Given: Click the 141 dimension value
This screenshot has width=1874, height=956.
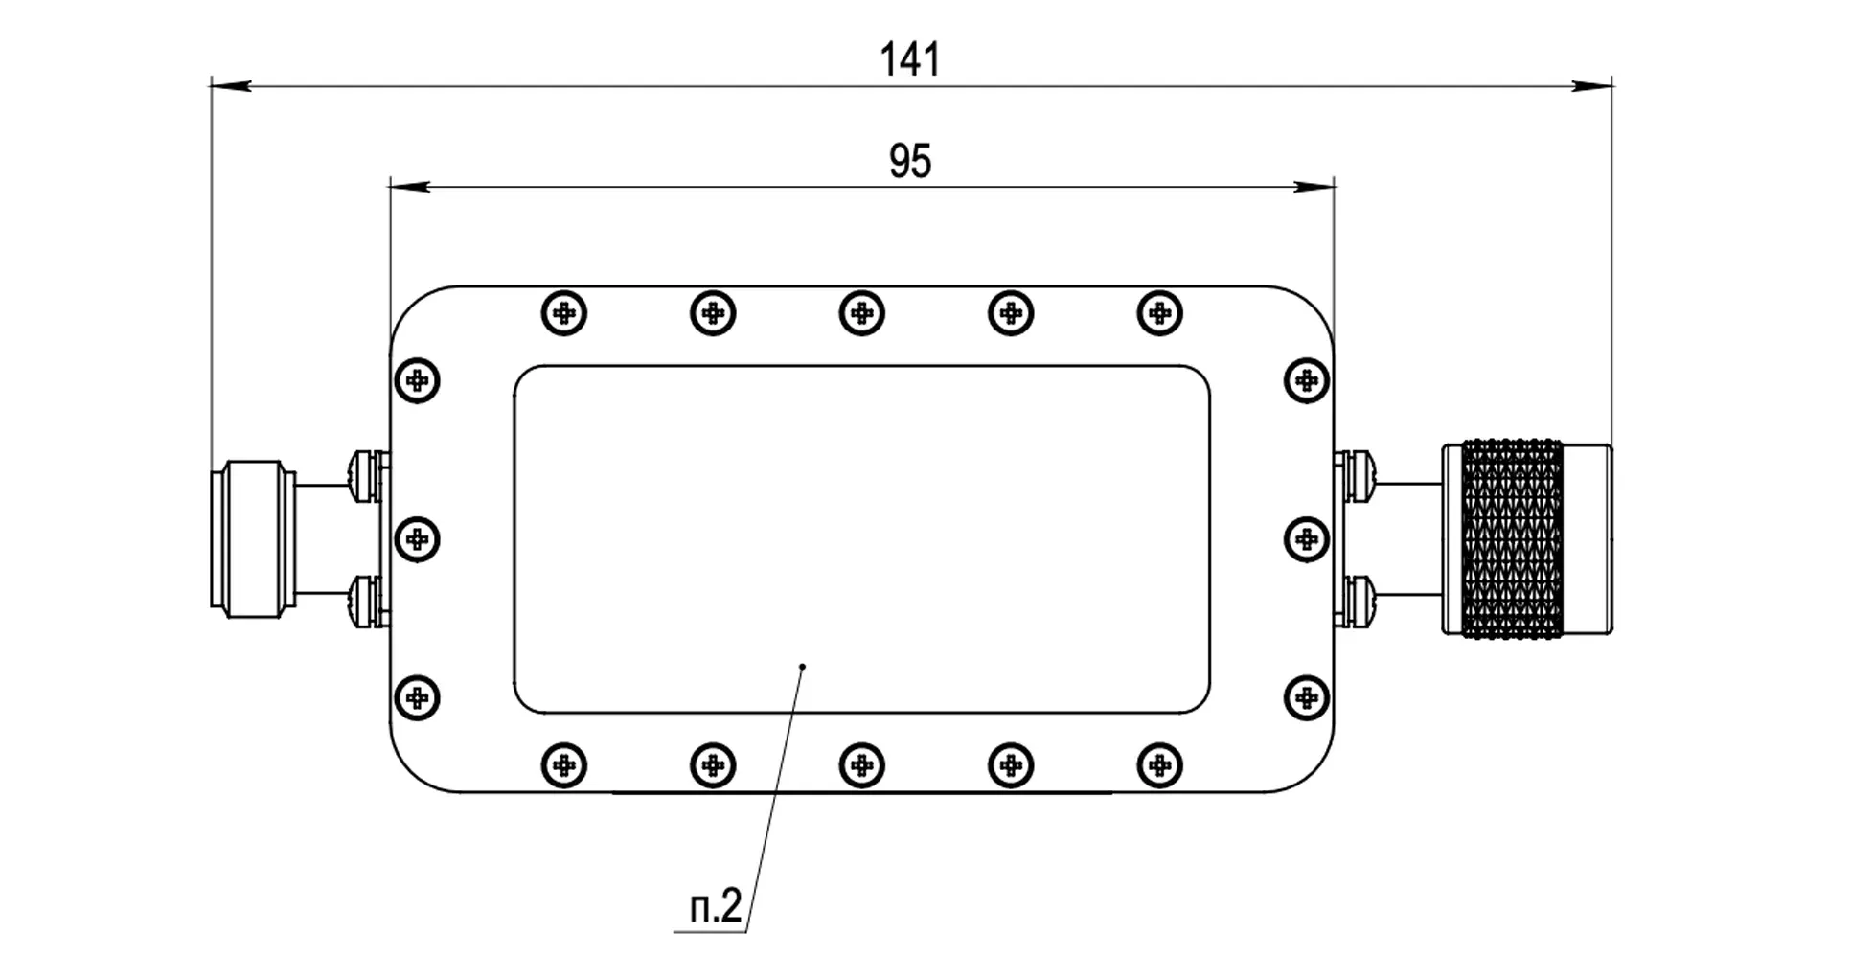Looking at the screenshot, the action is coord(910,59).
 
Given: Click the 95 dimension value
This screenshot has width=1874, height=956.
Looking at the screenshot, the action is coord(910,161).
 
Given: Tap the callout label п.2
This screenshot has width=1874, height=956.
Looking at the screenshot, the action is coord(716,906).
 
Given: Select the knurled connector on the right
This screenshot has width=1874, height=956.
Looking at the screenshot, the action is coord(1527,538).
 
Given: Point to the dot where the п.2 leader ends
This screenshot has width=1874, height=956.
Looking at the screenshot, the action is coord(803,666).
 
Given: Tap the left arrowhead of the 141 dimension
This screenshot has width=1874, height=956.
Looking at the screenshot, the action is coord(231,85).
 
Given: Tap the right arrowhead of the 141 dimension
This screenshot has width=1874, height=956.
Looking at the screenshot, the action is coord(1592,85).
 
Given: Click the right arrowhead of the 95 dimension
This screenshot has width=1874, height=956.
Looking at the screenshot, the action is coord(1314,186).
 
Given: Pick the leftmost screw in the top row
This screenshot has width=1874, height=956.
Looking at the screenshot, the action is coord(564,313).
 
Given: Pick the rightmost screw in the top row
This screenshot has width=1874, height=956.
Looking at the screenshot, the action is coord(1159,313).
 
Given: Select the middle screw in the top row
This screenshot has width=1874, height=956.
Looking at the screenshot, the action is coord(861,313).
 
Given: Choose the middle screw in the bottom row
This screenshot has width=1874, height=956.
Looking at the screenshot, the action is coord(861,765).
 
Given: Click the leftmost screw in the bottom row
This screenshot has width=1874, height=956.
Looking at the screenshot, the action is coord(564,765).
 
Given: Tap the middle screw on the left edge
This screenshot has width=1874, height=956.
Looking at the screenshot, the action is coord(417,539).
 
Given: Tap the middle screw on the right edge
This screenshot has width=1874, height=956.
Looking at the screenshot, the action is coord(1306,539).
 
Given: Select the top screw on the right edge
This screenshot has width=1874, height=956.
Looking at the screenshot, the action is coord(1306,381).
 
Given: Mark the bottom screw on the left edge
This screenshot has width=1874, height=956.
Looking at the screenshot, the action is coord(417,697).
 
